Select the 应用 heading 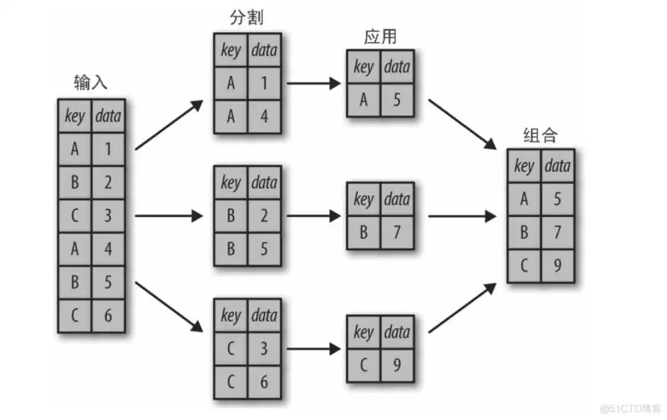[379, 38]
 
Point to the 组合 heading [540, 135]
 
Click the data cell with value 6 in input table [108, 315]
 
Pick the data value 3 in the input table [108, 216]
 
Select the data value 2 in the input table [108, 182]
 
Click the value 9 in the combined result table [557, 266]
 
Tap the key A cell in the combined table [524, 199]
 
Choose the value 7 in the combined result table [557, 232]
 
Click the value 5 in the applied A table [396, 99]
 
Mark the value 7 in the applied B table [396, 232]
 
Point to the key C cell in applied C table [363, 365]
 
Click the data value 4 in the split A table [264, 116]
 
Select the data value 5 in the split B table [264, 249]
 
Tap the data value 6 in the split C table [264, 382]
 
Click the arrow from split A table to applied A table [314, 83]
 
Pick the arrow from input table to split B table [168, 216]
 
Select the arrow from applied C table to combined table [463, 309]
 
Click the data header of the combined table [557, 166]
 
